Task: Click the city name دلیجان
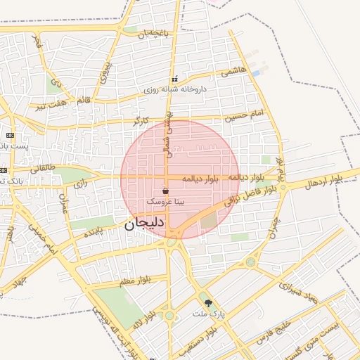point(144,226)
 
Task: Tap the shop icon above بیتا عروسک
point(165,191)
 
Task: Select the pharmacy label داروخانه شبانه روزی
point(175,89)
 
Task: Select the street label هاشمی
point(233,72)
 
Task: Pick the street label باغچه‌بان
point(154,33)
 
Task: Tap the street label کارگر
point(146,121)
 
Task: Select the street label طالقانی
point(42,168)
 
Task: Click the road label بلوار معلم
point(135,281)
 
